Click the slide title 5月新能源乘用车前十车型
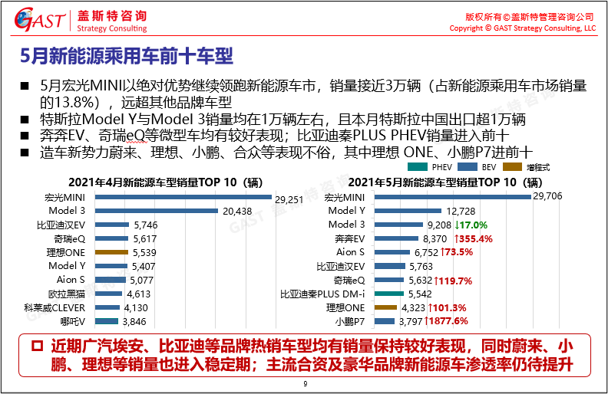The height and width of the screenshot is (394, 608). coord(126,56)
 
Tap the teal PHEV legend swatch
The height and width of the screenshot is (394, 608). coord(418,166)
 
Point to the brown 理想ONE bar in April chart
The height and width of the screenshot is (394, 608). coord(111,252)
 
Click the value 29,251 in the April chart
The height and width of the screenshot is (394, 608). coord(291,198)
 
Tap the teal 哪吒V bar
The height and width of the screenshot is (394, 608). coord(107,322)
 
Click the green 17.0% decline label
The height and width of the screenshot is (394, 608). coord(472,225)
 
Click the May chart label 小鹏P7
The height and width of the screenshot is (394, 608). coord(348,321)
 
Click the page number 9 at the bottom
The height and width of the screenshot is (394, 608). coord(305,384)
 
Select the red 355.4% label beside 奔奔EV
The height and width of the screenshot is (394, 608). coord(471,238)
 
